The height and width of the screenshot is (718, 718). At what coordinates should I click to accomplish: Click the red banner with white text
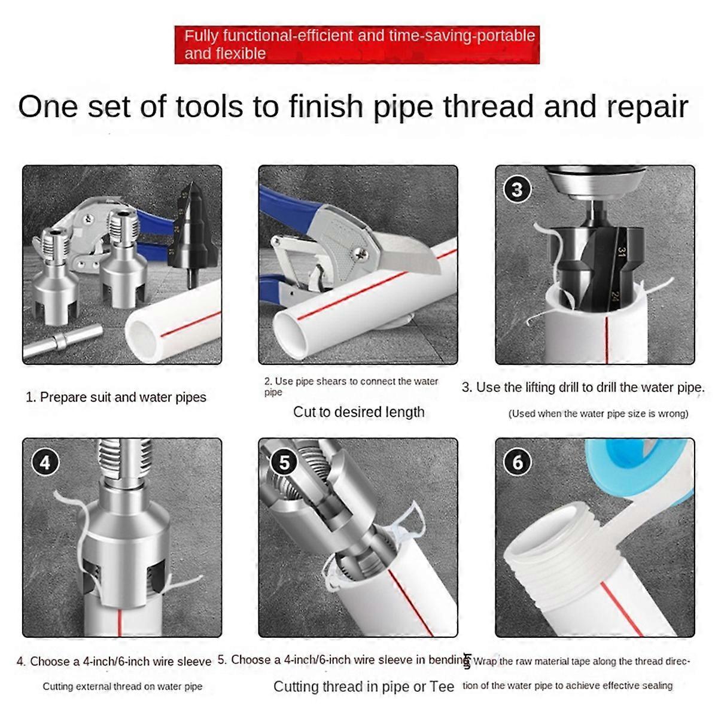357,45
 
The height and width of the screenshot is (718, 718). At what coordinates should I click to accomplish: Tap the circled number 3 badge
517,190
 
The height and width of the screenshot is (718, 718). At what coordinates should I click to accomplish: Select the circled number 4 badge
45,463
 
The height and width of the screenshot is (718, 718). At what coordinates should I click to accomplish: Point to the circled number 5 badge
284,463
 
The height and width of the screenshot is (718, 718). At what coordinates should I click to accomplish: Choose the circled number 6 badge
518,463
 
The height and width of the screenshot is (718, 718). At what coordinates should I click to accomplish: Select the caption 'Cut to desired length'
358,412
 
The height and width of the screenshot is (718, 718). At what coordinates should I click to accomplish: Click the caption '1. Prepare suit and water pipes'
116,397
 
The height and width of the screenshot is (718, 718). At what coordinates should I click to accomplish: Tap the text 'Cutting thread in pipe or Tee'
364,687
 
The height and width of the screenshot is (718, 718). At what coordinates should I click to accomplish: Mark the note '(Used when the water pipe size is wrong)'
598,413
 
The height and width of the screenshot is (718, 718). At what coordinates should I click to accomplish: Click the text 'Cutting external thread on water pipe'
122,686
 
